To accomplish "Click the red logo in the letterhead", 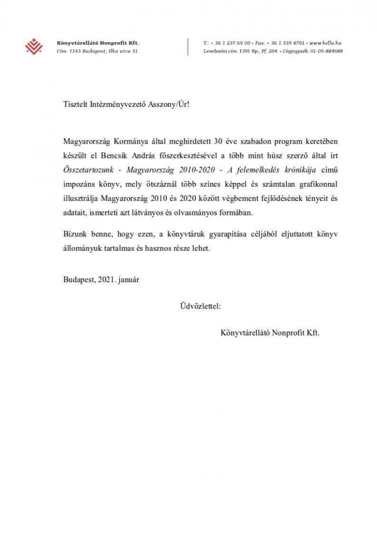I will tap(34, 47).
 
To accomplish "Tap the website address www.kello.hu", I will tap(325, 43).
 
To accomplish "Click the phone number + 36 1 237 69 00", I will tap(230, 43).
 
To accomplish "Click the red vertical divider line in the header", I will tap(188, 47).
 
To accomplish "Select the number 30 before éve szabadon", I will tap(218, 142).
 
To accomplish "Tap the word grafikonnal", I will tap(319, 181).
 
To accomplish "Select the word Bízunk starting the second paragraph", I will tap(75, 235).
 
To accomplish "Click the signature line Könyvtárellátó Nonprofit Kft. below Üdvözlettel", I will tap(270, 332).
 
